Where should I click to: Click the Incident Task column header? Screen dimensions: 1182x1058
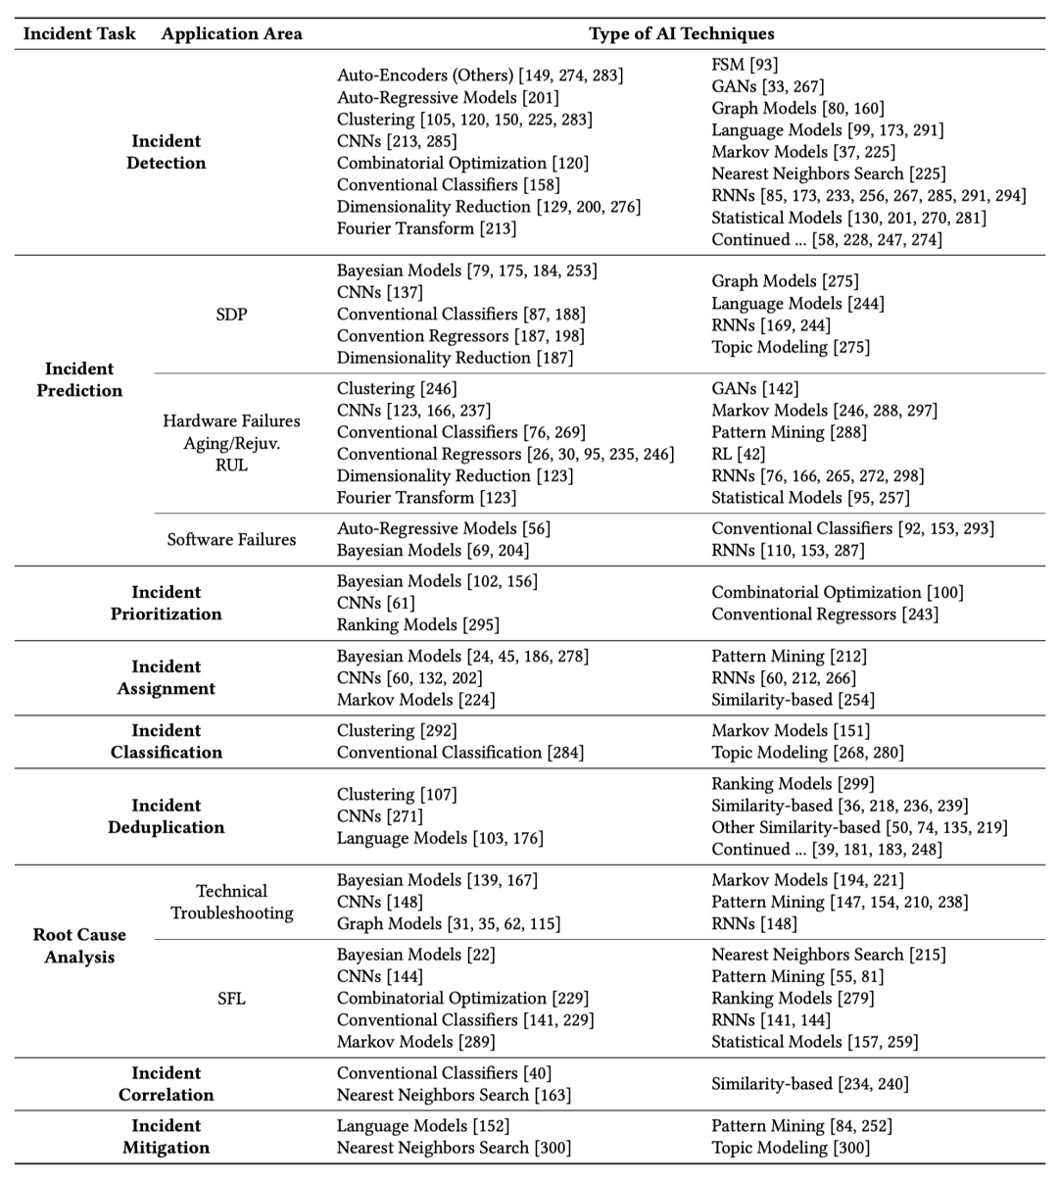pyautogui.click(x=79, y=33)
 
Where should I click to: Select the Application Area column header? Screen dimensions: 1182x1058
pyautogui.click(x=232, y=33)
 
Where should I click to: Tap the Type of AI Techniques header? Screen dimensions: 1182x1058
pyautogui.click(x=681, y=33)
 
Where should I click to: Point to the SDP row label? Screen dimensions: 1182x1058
pyautogui.click(x=231, y=314)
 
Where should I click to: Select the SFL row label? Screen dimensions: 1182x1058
pyautogui.click(x=231, y=999)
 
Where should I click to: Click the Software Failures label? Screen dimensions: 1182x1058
pyautogui.click(x=231, y=539)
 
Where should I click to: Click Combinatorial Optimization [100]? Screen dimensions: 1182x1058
pyautogui.click(x=838, y=592)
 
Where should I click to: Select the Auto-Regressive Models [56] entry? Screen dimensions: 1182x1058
pyautogui.click(x=444, y=528)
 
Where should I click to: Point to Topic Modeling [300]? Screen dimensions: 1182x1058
pyautogui.click(x=791, y=1148)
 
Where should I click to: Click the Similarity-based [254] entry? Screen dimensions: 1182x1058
pyautogui.click(x=793, y=700)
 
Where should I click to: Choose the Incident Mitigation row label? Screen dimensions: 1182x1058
pyautogui.click(x=166, y=1137)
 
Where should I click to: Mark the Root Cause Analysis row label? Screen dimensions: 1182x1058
pyautogui.click(x=79, y=946)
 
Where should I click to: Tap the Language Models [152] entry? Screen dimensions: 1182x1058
pyautogui.click(x=423, y=1126)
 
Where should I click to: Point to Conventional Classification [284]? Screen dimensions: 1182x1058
pyautogui.click(x=460, y=752)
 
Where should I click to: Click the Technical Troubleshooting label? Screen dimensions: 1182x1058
pyautogui.click(x=231, y=902)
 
